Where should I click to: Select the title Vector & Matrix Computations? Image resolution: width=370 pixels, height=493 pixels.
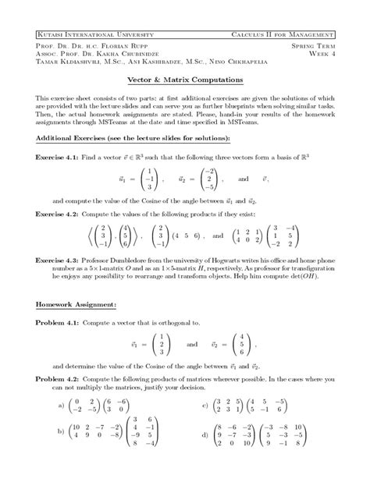[x=185, y=80]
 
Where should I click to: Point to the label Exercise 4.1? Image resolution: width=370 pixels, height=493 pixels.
[x=57, y=158]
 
